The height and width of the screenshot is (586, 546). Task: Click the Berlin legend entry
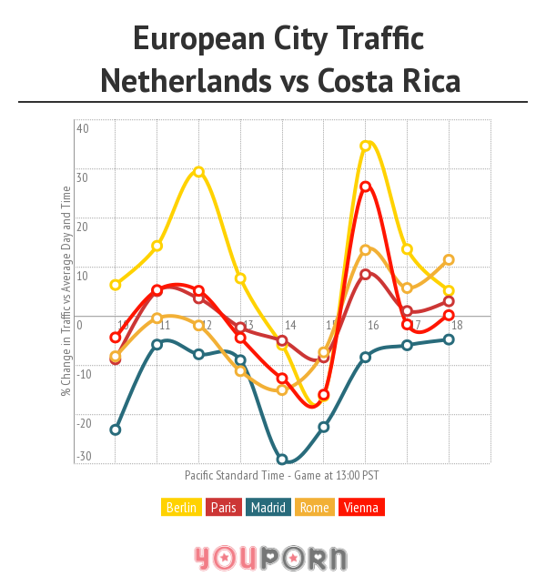tap(182, 508)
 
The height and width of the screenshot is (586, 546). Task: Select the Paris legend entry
tap(223, 508)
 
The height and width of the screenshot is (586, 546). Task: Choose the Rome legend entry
tap(314, 508)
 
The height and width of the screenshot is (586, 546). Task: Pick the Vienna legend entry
tap(359, 508)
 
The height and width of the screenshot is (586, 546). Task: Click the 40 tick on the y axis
tap(82, 128)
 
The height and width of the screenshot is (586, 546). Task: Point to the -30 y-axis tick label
tap(83, 457)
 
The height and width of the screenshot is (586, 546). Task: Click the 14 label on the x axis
tap(289, 326)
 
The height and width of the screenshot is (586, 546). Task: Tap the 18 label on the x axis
tap(457, 326)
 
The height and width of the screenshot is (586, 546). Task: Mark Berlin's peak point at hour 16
tap(366, 146)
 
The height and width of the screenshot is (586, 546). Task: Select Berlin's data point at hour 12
tap(198, 172)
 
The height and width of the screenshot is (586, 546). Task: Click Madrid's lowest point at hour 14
tap(282, 460)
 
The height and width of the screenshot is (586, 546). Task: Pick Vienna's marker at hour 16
tap(366, 187)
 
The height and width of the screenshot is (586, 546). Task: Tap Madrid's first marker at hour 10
tap(116, 429)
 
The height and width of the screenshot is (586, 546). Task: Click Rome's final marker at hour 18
tap(449, 259)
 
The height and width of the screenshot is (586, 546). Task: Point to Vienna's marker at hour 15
tap(323, 395)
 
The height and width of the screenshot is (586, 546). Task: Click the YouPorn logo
tap(270, 557)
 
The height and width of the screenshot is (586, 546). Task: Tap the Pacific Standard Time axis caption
tap(281, 475)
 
